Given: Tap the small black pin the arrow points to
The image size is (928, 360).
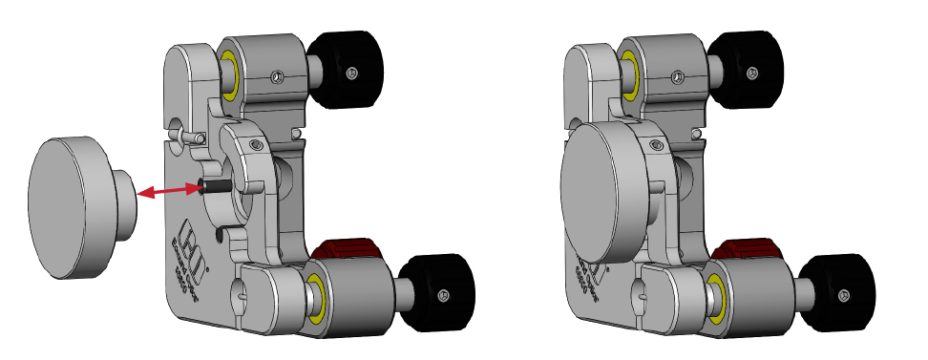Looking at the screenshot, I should [211, 186].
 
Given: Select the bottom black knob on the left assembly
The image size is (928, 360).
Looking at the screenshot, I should [436, 293].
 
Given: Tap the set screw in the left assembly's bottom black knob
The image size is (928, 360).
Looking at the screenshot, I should [441, 296].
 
